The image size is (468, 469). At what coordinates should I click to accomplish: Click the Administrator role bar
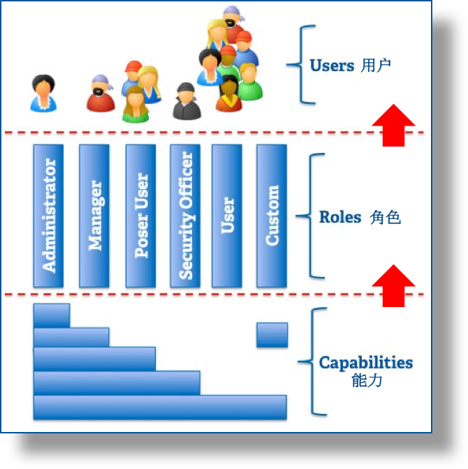[48, 216]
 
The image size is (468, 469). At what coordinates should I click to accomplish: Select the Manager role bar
[94, 216]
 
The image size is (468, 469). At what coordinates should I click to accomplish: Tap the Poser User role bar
[140, 216]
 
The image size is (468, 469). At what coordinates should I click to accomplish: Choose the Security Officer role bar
[185, 216]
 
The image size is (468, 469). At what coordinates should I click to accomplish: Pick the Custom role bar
[272, 216]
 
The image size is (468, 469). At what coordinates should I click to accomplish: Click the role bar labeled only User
[227, 216]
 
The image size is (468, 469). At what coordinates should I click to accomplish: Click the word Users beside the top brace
[332, 66]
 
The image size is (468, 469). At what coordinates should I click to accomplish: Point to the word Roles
[340, 217]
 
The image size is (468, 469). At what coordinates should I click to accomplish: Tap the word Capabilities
[366, 363]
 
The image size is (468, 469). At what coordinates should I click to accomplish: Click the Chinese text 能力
[367, 380]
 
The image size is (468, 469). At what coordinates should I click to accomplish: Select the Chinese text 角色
[386, 217]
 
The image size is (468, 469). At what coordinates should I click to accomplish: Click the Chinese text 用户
[376, 66]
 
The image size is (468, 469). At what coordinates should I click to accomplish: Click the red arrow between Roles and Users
[393, 126]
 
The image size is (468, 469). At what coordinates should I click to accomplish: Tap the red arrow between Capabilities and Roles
[393, 285]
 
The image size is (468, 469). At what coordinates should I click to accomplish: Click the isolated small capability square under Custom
[272, 335]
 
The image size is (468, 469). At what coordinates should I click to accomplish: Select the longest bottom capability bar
[160, 408]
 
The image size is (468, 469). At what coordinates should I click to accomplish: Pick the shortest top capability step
[52, 315]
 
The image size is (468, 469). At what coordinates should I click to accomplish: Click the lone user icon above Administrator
[43, 94]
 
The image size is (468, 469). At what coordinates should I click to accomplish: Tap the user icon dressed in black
[187, 101]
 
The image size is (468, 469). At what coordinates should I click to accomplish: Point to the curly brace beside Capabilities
[313, 362]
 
